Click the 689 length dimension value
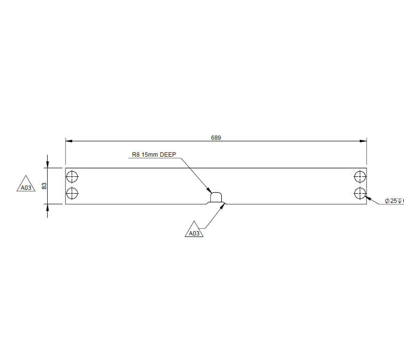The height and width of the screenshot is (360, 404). tap(216, 138)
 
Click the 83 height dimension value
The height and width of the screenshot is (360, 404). tap(44, 186)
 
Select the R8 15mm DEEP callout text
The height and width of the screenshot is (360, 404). tap(154, 155)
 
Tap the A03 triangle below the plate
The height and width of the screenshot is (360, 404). tap(194, 231)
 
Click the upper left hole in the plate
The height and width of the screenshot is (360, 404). tap(72, 176)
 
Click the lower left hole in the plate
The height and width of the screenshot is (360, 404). tap(72, 193)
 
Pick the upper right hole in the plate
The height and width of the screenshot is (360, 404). tap(360, 176)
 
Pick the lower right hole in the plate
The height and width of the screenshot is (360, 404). tap(360, 193)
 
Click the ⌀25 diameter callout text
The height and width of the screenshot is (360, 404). tap(394, 201)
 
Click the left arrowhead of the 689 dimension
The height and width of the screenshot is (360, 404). tap(69, 141)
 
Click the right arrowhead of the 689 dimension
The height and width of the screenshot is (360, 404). tap(364, 141)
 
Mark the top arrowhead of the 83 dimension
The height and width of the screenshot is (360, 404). tap(47, 165)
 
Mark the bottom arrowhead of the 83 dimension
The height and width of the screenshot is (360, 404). tap(47, 207)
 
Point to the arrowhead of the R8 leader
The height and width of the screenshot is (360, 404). tap(209, 191)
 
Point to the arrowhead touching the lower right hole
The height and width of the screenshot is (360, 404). tap(367, 197)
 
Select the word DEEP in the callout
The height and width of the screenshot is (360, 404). tap(168, 155)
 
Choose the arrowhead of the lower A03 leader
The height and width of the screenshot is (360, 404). tap(223, 206)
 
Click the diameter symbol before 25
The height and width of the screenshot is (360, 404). tap(387, 201)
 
